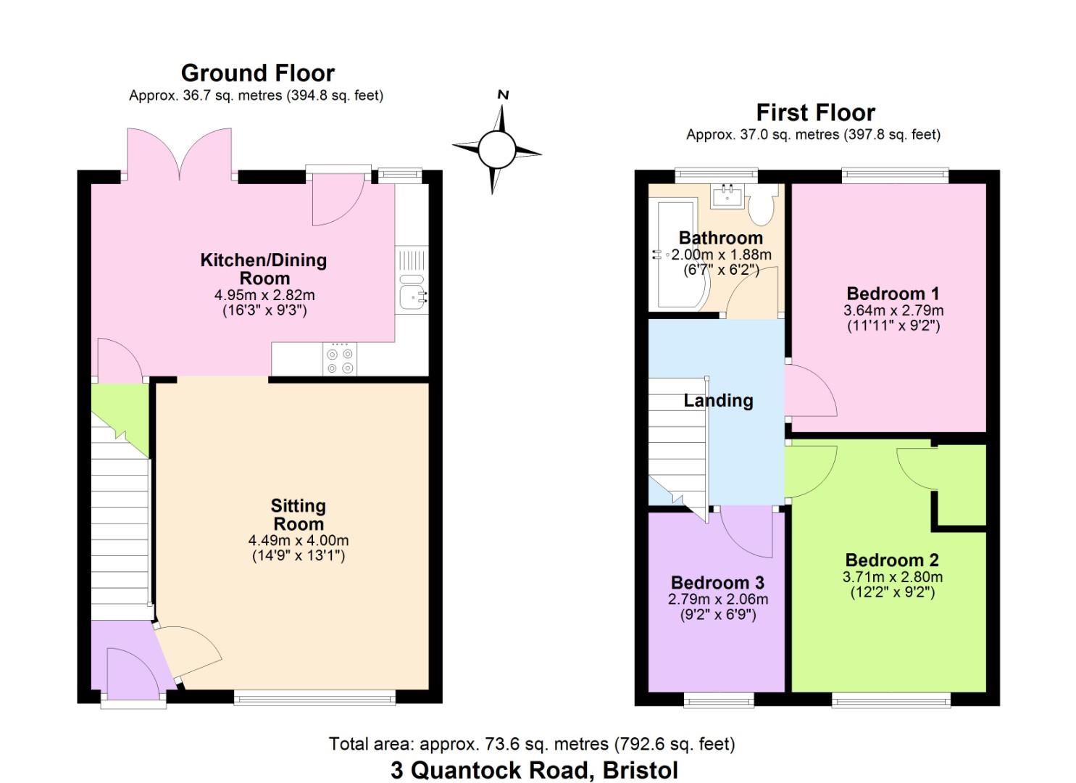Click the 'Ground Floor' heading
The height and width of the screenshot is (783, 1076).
[x=257, y=73]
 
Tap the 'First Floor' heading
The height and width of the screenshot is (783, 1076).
[x=815, y=113]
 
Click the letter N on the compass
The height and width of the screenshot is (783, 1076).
[x=503, y=95]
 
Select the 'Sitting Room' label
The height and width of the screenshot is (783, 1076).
[x=298, y=515]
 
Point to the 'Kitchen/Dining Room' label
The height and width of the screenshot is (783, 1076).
[x=264, y=269]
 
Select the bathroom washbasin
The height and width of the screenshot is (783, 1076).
[x=727, y=195]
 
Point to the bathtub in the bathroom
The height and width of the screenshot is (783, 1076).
[x=674, y=254]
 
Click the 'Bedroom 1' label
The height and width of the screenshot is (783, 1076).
[x=893, y=294]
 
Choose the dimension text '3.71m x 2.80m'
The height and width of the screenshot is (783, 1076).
[x=892, y=577]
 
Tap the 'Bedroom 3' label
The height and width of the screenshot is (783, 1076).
[x=717, y=583]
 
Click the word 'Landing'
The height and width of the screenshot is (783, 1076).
[x=718, y=401]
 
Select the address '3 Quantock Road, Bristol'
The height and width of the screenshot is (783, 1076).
[x=534, y=770]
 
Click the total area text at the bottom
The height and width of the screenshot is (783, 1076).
[x=531, y=744]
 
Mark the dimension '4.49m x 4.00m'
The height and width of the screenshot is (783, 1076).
[x=298, y=540]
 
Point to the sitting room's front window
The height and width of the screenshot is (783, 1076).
[x=314, y=697]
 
